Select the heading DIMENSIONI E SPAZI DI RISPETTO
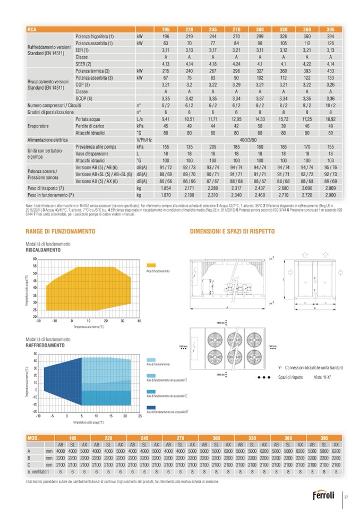pos(225,232)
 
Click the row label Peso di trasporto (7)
pos(46,189)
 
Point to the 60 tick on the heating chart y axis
pos(35,259)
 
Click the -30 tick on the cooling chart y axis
pos(35,411)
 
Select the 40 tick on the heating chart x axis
pos(139,321)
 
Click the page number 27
pos(346,496)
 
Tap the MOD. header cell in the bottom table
pos(34,438)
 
